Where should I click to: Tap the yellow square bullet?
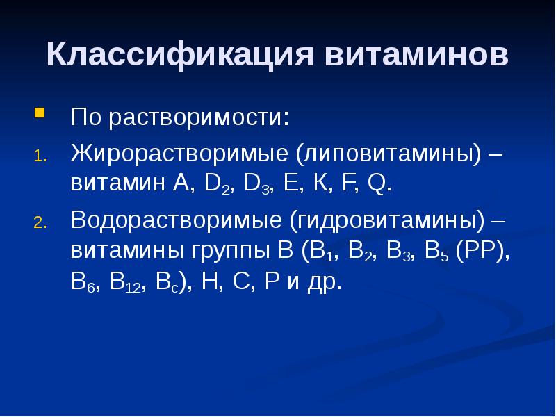point(40,111)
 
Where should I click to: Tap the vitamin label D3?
point(257,185)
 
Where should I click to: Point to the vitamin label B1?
point(321,252)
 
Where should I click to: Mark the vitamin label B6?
point(81,284)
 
